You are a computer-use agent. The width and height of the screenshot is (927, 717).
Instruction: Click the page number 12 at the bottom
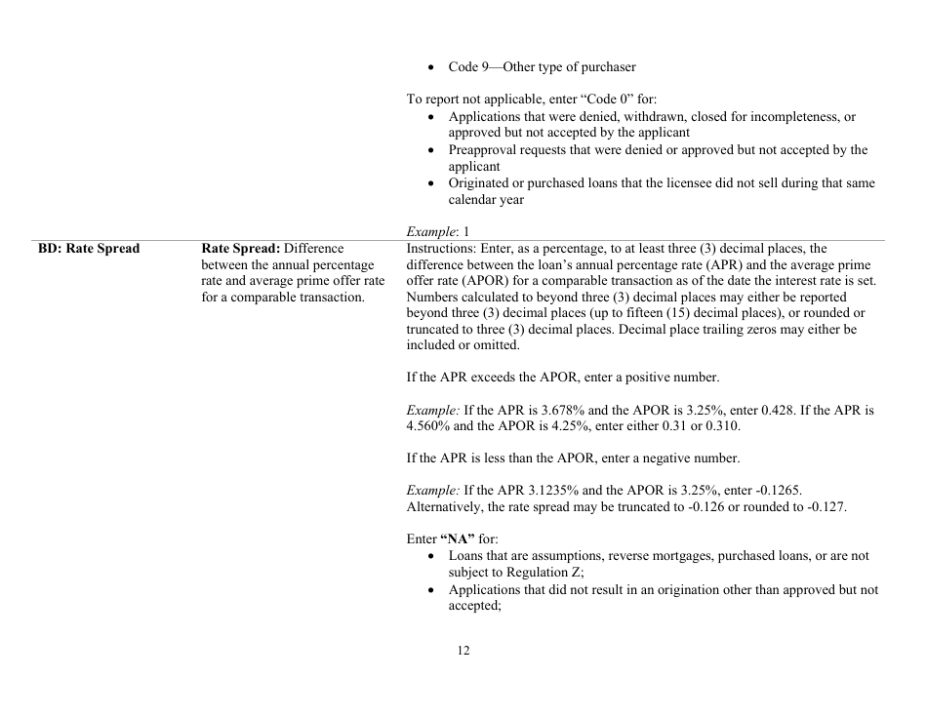[x=463, y=651]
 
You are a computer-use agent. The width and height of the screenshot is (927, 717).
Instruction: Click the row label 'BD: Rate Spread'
[x=89, y=249]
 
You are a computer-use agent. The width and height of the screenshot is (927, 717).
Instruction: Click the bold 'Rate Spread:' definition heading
[x=241, y=249]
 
